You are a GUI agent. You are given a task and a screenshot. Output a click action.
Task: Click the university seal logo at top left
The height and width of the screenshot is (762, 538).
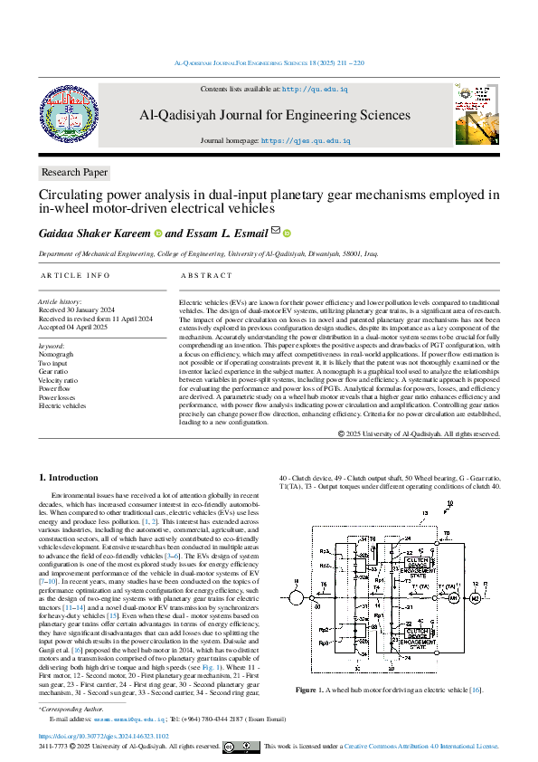[x=62, y=112]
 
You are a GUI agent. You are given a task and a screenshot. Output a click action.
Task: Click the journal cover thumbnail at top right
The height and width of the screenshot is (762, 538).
[x=477, y=114]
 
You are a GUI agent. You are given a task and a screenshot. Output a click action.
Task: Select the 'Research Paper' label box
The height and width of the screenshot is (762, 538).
[x=75, y=172]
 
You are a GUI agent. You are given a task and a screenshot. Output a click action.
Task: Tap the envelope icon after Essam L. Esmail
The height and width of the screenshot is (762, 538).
[x=276, y=232]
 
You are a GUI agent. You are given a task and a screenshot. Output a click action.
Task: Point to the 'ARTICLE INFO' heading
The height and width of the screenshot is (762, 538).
[x=75, y=275]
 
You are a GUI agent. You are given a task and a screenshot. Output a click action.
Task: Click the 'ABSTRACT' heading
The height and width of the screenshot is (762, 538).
[x=207, y=275]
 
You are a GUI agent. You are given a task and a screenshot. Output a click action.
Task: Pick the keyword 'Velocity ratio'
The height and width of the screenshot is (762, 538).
[x=59, y=380]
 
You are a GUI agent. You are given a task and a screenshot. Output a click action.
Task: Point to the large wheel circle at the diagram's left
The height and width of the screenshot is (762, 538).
[x=295, y=597]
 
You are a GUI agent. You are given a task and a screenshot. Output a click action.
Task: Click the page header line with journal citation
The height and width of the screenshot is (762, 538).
[x=269, y=63]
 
